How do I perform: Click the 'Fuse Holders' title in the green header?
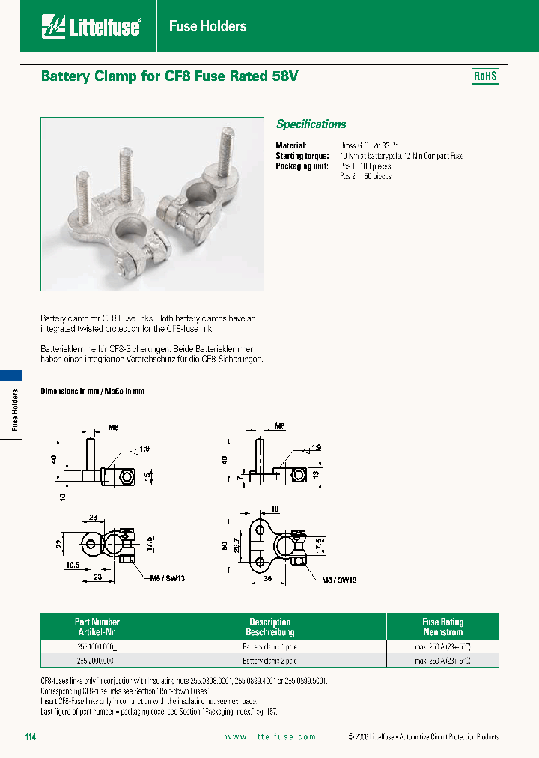pos(207,26)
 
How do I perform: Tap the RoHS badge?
pos(485,76)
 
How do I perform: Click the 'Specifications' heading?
pos(311,124)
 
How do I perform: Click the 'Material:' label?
pos(291,145)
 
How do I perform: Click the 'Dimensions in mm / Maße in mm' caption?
pos(92,392)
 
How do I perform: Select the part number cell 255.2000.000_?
pos(97,661)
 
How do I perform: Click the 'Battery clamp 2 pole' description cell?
pos(269,661)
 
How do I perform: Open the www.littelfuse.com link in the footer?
pos(270,737)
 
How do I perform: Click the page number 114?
pos(30,737)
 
